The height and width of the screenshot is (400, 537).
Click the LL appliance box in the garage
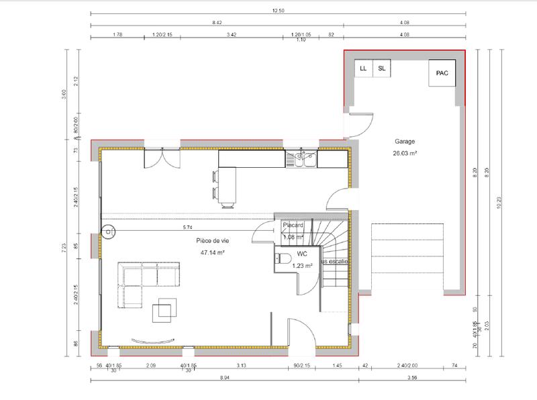tap(363, 68)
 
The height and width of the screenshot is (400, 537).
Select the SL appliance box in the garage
tap(382, 68)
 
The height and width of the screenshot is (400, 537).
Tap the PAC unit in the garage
tap(441, 73)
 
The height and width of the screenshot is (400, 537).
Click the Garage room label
tap(405, 142)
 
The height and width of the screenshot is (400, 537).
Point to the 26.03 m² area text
tap(405, 153)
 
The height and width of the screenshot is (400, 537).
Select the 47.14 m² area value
tap(211, 253)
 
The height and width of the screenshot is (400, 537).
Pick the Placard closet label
tap(293, 226)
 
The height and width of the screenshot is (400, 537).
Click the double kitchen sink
tap(301, 159)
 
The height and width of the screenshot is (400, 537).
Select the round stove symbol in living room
tap(107, 232)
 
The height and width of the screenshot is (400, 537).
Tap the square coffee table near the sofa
tap(164, 310)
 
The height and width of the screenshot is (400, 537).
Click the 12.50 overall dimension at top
tap(279, 11)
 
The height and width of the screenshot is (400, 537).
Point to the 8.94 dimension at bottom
tap(224, 379)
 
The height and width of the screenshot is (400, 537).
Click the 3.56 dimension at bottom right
tap(413, 379)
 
